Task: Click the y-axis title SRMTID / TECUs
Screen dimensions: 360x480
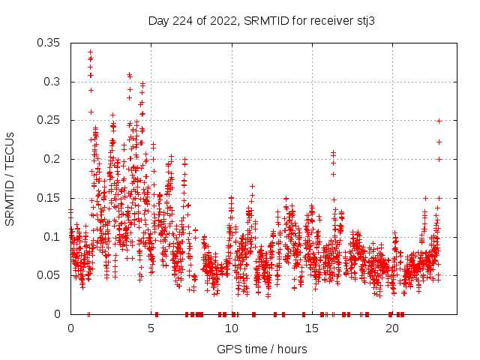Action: pos(10,178)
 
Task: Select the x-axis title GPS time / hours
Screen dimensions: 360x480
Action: pos(262,349)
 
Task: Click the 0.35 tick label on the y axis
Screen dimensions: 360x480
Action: pos(49,43)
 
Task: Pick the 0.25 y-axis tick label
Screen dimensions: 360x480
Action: pos(49,120)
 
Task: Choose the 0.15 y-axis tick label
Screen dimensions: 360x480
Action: pos(49,198)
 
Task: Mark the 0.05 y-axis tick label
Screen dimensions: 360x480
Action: pos(49,275)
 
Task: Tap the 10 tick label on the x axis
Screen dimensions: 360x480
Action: pos(232,328)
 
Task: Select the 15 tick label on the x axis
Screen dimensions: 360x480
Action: pos(312,328)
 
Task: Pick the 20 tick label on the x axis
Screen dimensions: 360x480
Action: pos(392,328)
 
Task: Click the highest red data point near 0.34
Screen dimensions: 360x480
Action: pos(90,52)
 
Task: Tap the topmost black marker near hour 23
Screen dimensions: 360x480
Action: pos(439,121)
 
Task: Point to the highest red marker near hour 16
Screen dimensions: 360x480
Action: pos(333,153)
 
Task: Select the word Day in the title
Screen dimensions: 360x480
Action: pos(158,21)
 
